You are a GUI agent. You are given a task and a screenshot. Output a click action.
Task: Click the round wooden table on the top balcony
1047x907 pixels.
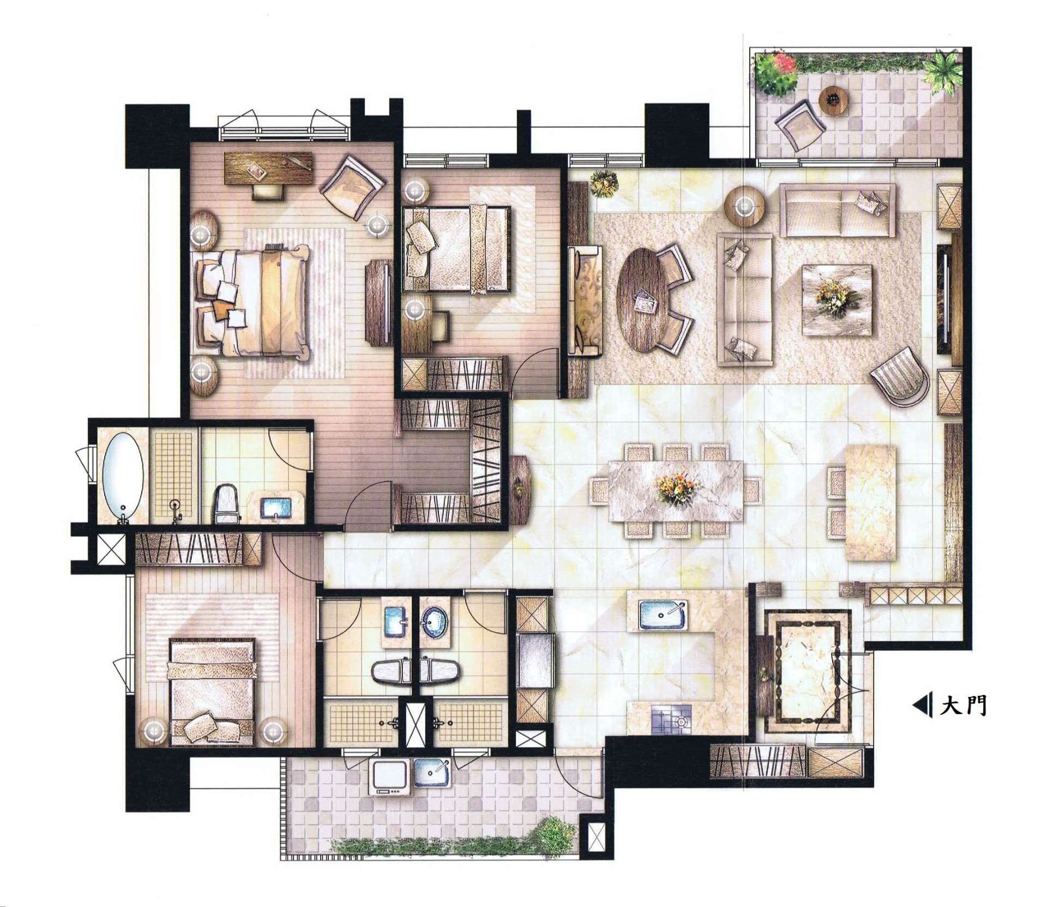coord(834,100)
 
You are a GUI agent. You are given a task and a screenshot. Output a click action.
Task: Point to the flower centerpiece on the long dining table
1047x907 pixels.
coord(676,489)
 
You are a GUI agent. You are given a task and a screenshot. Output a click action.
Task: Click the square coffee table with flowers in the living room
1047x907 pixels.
coord(837,299)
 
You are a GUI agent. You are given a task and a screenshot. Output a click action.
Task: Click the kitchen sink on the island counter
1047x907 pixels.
coord(663,616)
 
